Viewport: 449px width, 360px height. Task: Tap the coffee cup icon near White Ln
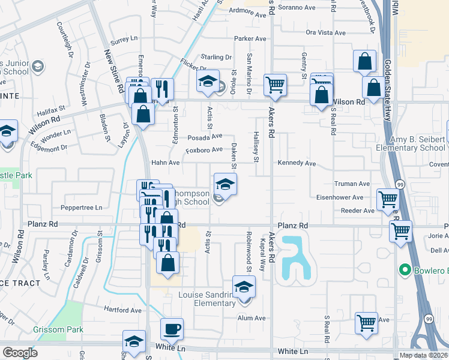click(172, 329)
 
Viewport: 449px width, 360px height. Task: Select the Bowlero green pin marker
click(406, 270)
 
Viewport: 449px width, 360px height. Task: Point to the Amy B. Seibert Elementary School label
click(418, 143)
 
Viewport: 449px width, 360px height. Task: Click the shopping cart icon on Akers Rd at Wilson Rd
click(275, 85)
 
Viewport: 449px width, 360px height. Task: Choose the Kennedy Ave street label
click(297, 163)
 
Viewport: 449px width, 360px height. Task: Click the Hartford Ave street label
click(122, 310)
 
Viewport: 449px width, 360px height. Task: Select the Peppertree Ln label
click(82, 208)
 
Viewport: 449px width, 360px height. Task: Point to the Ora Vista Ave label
click(327, 32)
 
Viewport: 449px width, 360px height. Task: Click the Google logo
click(20, 353)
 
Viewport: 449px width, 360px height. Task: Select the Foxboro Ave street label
click(204, 149)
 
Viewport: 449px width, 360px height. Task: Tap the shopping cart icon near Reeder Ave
click(388, 199)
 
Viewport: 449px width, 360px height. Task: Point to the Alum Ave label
click(252, 318)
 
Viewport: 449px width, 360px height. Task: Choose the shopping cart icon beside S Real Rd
click(366, 322)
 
